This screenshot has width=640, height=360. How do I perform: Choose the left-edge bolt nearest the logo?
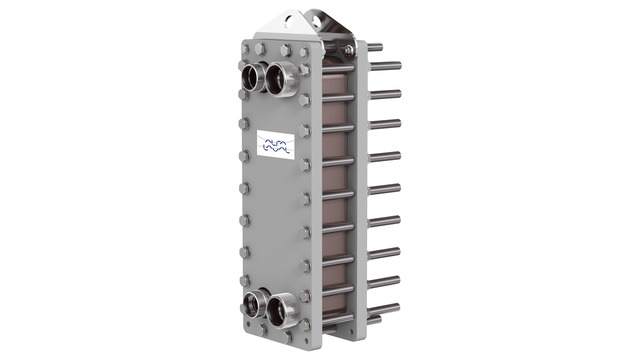[244, 155]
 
